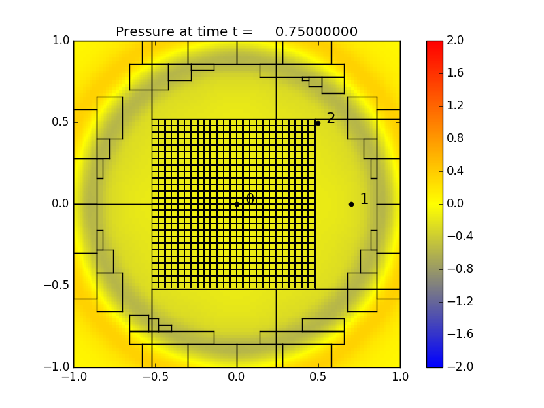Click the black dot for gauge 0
coord(237,204)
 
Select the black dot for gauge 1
coord(351,204)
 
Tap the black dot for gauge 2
coord(318,123)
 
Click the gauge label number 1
coord(364,199)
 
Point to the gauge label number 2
coord(331,118)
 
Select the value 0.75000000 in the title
coord(316,32)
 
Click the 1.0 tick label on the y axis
coord(61,41)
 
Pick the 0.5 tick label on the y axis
coord(61,122)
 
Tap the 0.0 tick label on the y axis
coord(61,204)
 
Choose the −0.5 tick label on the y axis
coord(57,286)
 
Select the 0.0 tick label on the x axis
coord(237,378)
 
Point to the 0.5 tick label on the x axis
coord(318,378)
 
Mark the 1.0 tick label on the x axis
coord(400,378)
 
